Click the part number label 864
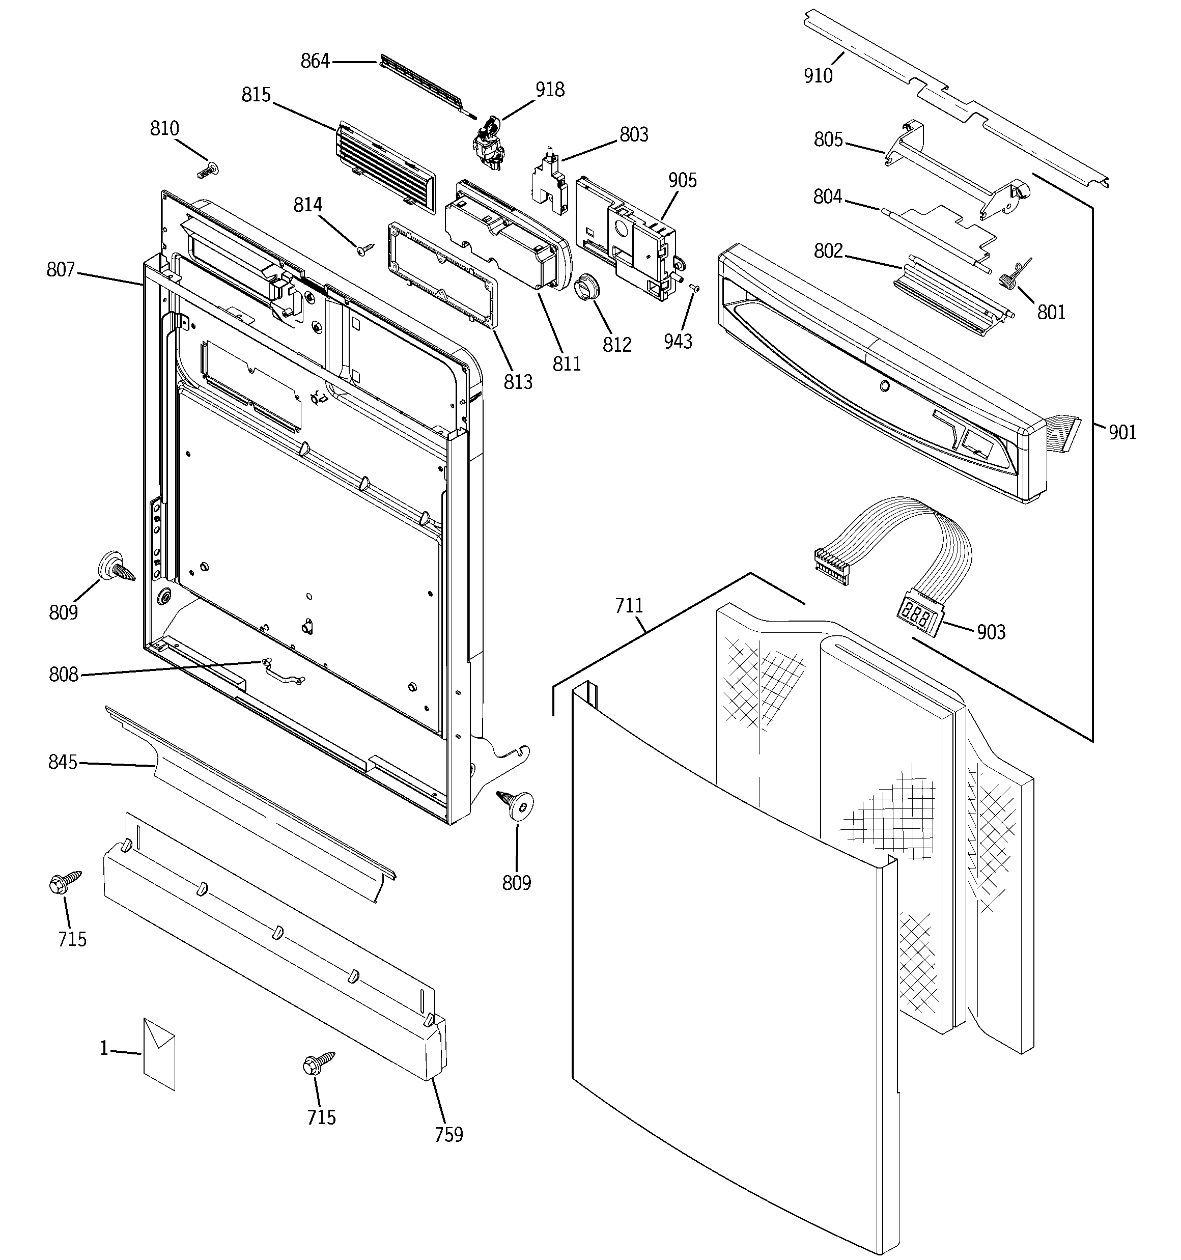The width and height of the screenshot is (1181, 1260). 315,62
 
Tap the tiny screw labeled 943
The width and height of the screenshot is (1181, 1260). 694,288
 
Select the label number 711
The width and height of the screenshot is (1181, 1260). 629,606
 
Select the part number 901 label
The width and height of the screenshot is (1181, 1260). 1122,432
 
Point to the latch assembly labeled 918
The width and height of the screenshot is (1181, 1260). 488,143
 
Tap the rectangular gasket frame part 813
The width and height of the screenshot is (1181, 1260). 441,274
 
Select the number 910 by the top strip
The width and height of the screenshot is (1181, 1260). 818,76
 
